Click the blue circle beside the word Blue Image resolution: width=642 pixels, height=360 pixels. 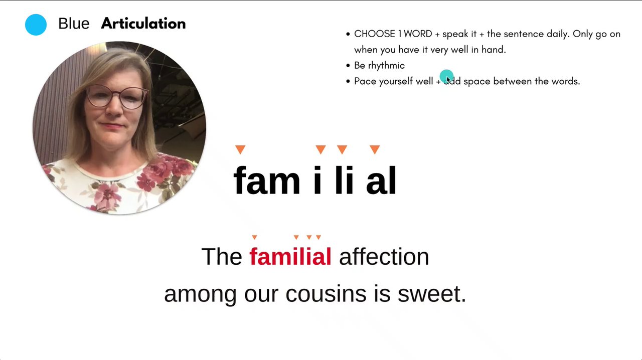click(x=36, y=25)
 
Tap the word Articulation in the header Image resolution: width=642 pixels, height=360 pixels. click(x=143, y=23)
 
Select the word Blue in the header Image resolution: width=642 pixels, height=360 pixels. click(x=74, y=24)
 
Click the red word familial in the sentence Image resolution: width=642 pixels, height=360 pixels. click(x=290, y=256)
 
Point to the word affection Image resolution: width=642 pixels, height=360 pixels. click(x=384, y=256)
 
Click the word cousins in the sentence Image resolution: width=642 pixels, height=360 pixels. click(x=326, y=294)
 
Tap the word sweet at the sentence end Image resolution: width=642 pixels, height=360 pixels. click(x=432, y=294)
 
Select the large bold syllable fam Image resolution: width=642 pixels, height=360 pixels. click(x=267, y=181)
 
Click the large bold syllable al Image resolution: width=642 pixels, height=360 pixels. click(x=381, y=181)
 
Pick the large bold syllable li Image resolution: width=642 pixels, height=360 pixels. click(x=344, y=181)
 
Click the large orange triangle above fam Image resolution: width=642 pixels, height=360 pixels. click(x=240, y=149)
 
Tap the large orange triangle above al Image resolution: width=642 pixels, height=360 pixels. click(x=375, y=149)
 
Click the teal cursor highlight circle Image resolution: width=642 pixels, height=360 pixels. click(x=446, y=76)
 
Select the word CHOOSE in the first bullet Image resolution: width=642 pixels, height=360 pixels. click(x=375, y=34)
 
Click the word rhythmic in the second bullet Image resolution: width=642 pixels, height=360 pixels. click(x=386, y=66)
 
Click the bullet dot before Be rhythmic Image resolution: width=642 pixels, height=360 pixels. click(x=348, y=66)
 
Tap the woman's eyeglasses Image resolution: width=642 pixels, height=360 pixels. click(x=117, y=97)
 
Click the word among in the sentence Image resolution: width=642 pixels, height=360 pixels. click(x=200, y=294)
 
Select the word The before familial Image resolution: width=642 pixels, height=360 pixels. click(x=222, y=256)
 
